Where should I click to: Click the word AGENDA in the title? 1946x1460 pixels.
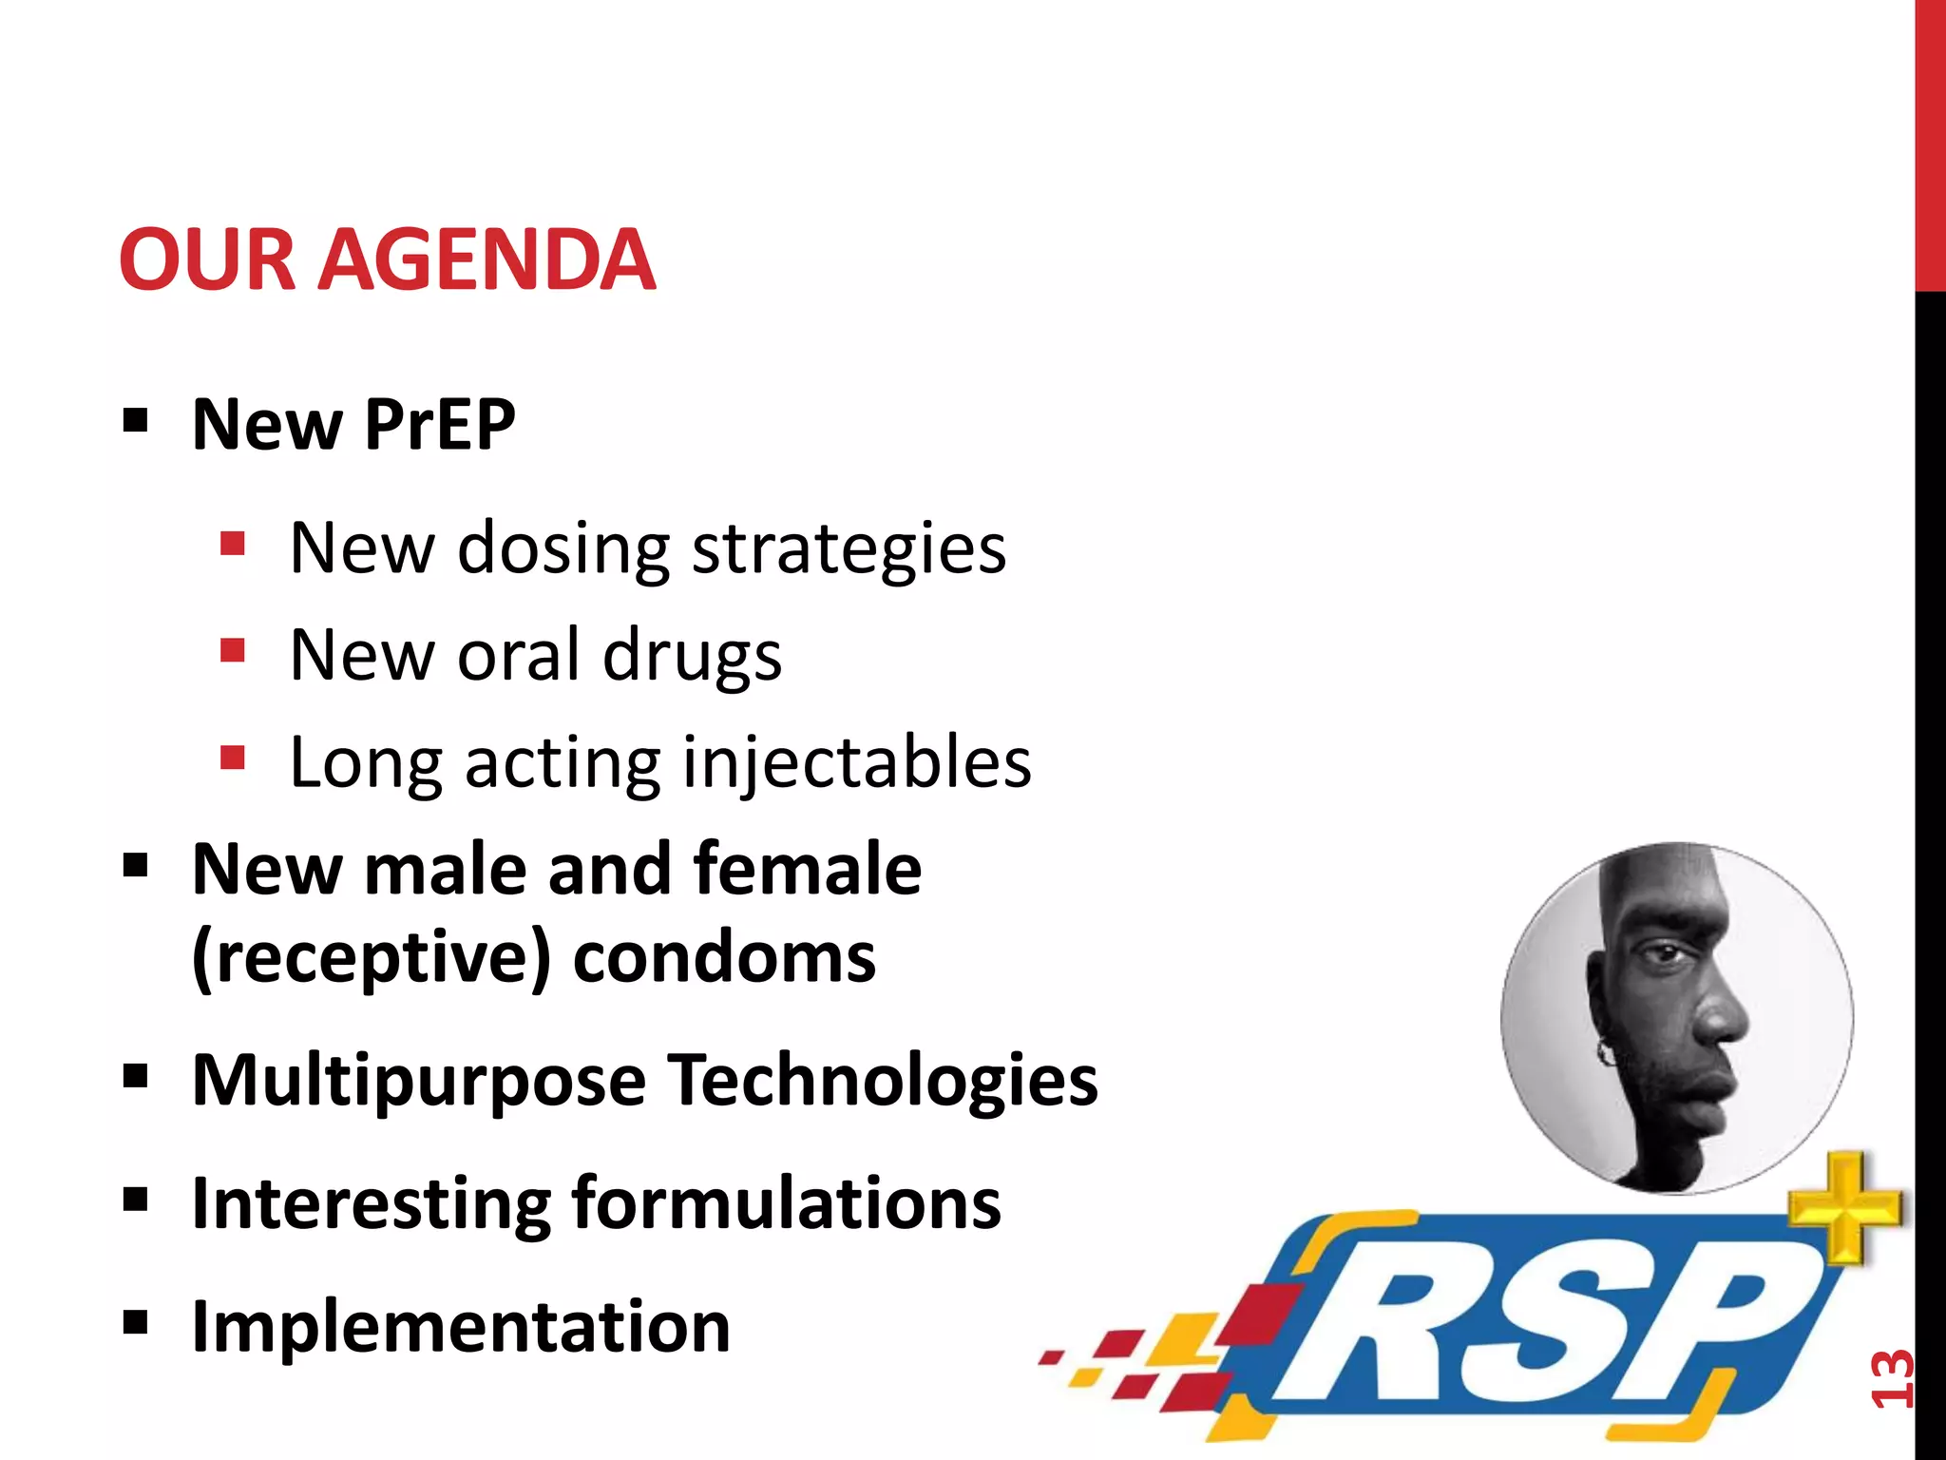pyautogui.click(x=486, y=259)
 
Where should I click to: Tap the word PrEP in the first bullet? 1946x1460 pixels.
pyautogui.click(x=439, y=424)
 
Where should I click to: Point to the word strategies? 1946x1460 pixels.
pyautogui.click(x=849, y=549)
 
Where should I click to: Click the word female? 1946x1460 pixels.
pyautogui.click(x=807, y=869)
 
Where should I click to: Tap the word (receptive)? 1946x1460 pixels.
pyautogui.click(x=371, y=958)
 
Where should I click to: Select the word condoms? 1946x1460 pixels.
pyautogui.click(x=724, y=958)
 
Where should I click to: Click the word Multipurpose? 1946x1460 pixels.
pyautogui.click(x=418, y=1082)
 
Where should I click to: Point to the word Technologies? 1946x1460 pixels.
pyautogui.click(x=882, y=1080)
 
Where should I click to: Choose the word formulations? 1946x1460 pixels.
pyautogui.click(x=786, y=1203)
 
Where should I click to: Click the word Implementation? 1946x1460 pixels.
pyautogui.click(x=461, y=1327)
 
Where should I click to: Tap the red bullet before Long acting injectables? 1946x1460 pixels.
pyautogui.click(x=233, y=758)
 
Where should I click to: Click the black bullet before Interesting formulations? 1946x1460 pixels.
pyautogui.click(x=136, y=1200)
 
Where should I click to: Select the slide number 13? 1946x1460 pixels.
pyautogui.click(x=1891, y=1377)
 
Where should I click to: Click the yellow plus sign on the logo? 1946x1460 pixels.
pyautogui.click(x=1844, y=1206)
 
